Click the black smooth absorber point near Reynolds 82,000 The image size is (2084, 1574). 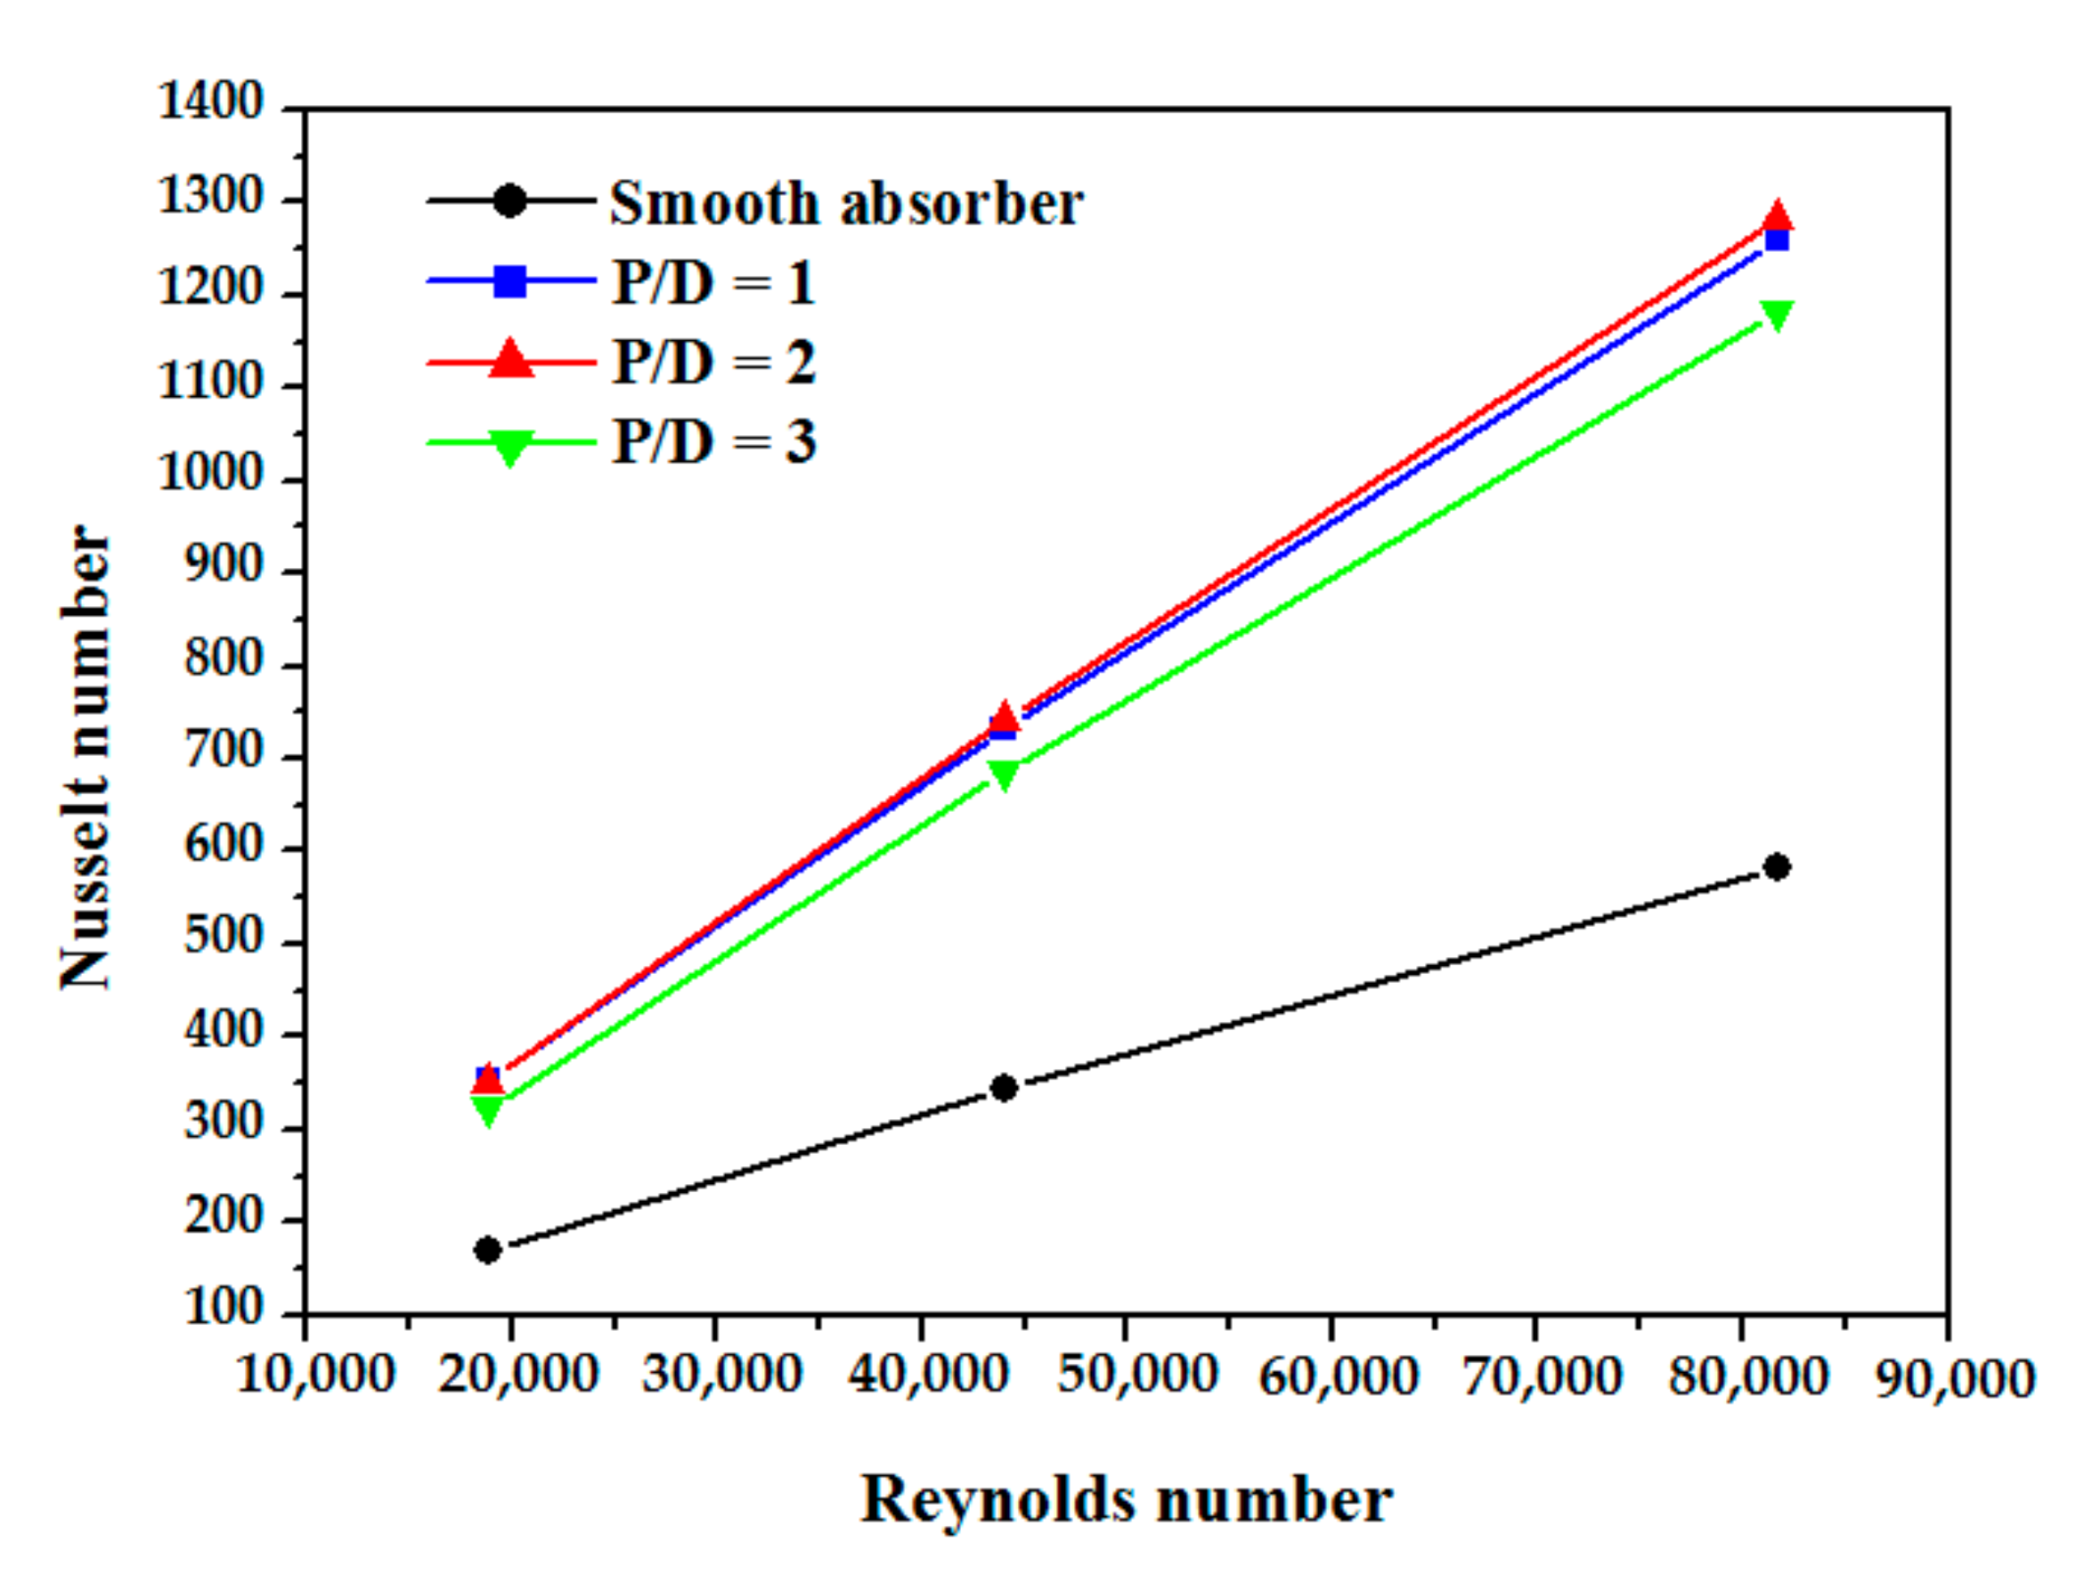1777,866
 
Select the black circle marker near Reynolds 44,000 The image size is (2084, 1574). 1005,1087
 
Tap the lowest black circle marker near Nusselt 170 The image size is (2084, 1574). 488,1250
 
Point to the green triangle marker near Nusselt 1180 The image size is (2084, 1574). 1777,314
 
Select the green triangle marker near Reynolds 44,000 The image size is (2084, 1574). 1005,775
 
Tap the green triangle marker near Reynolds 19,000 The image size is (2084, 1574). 488,1111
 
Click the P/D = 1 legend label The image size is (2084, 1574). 713,282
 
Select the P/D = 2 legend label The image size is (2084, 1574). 713,362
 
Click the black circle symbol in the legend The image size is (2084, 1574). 509,200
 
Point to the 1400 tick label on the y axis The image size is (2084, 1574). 211,101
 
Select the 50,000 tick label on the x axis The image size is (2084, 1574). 1137,1375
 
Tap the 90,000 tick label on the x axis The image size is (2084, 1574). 1955,1378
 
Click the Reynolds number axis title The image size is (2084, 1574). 1126,1499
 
